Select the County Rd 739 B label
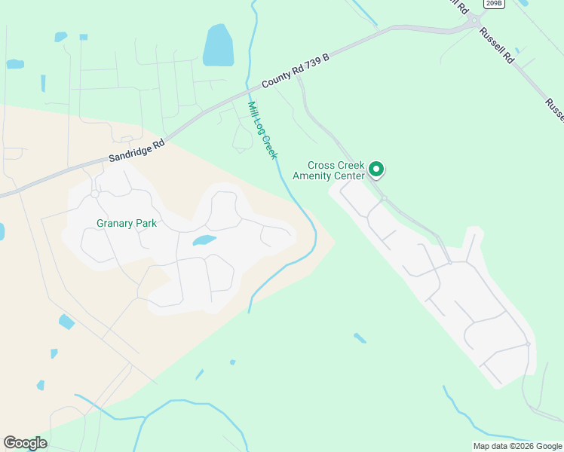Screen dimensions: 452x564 click(x=296, y=72)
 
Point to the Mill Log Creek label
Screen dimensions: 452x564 click(x=263, y=130)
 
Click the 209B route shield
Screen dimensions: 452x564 click(x=494, y=4)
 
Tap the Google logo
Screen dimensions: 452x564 click(x=25, y=443)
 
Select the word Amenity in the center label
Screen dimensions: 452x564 click(x=329, y=176)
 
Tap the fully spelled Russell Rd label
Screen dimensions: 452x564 click(x=500, y=47)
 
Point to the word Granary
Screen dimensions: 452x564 click(x=114, y=223)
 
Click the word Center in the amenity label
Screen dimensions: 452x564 click(x=350, y=176)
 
